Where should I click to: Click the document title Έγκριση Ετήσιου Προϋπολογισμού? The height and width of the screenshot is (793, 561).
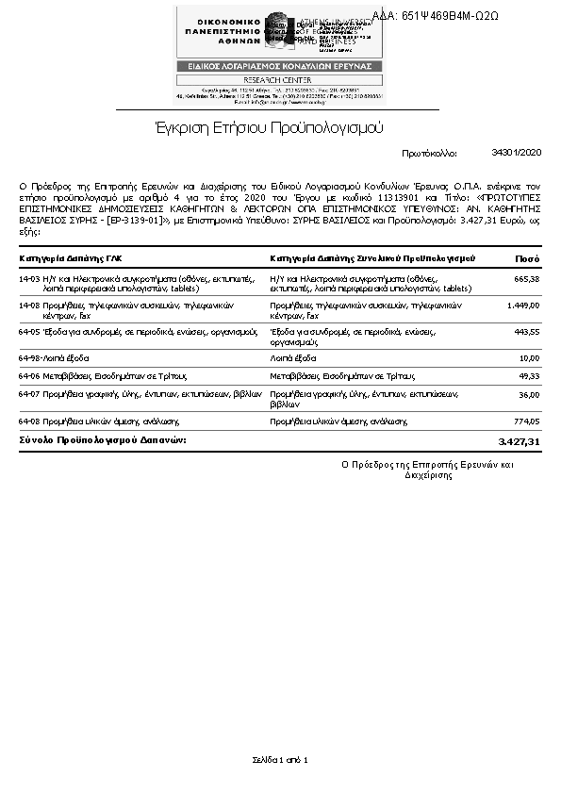(270, 127)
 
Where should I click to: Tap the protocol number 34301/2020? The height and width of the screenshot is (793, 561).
(517, 152)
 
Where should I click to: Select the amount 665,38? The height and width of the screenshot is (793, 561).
(526, 279)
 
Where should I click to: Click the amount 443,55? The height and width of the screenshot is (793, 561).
(526, 332)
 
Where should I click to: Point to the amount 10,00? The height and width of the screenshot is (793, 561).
(529, 358)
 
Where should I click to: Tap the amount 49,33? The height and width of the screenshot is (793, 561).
(529, 375)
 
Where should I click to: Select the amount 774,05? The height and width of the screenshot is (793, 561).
(526, 421)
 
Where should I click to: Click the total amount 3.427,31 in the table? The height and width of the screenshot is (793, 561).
(519, 441)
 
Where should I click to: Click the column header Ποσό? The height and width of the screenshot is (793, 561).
(527, 258)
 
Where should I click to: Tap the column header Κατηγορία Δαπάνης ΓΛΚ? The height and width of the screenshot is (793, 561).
(71, 258)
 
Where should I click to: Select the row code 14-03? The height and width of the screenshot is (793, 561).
(29, 279)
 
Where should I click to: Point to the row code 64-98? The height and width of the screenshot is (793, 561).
(29, 358)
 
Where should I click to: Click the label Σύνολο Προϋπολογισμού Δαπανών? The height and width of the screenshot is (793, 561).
(103, 440)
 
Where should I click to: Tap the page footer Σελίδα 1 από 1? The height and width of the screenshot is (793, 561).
(280, 760)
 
